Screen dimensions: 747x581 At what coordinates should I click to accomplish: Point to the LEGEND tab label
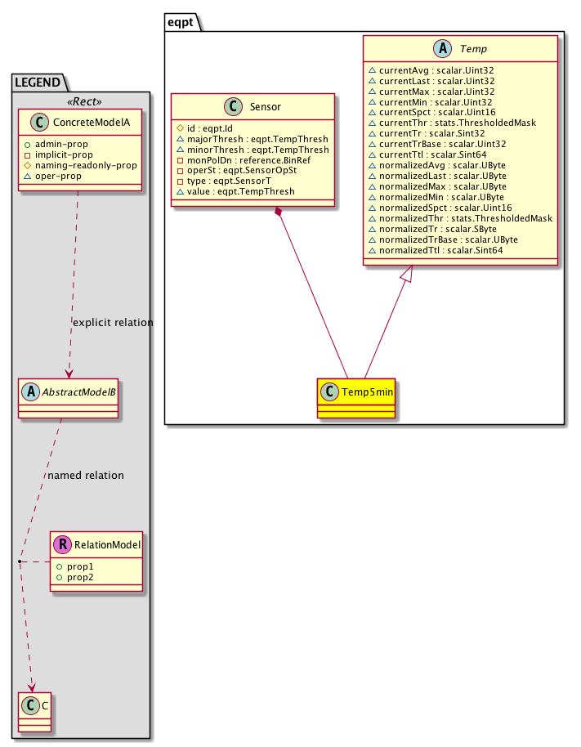coord(38,81)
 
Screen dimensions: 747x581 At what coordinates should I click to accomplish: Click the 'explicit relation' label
coord(113,323)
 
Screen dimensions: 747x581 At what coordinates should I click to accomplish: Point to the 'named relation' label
coord(86,475)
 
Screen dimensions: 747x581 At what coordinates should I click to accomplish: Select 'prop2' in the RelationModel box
coord(78,577)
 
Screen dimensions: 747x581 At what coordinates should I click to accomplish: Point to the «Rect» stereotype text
coord(79,102)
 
